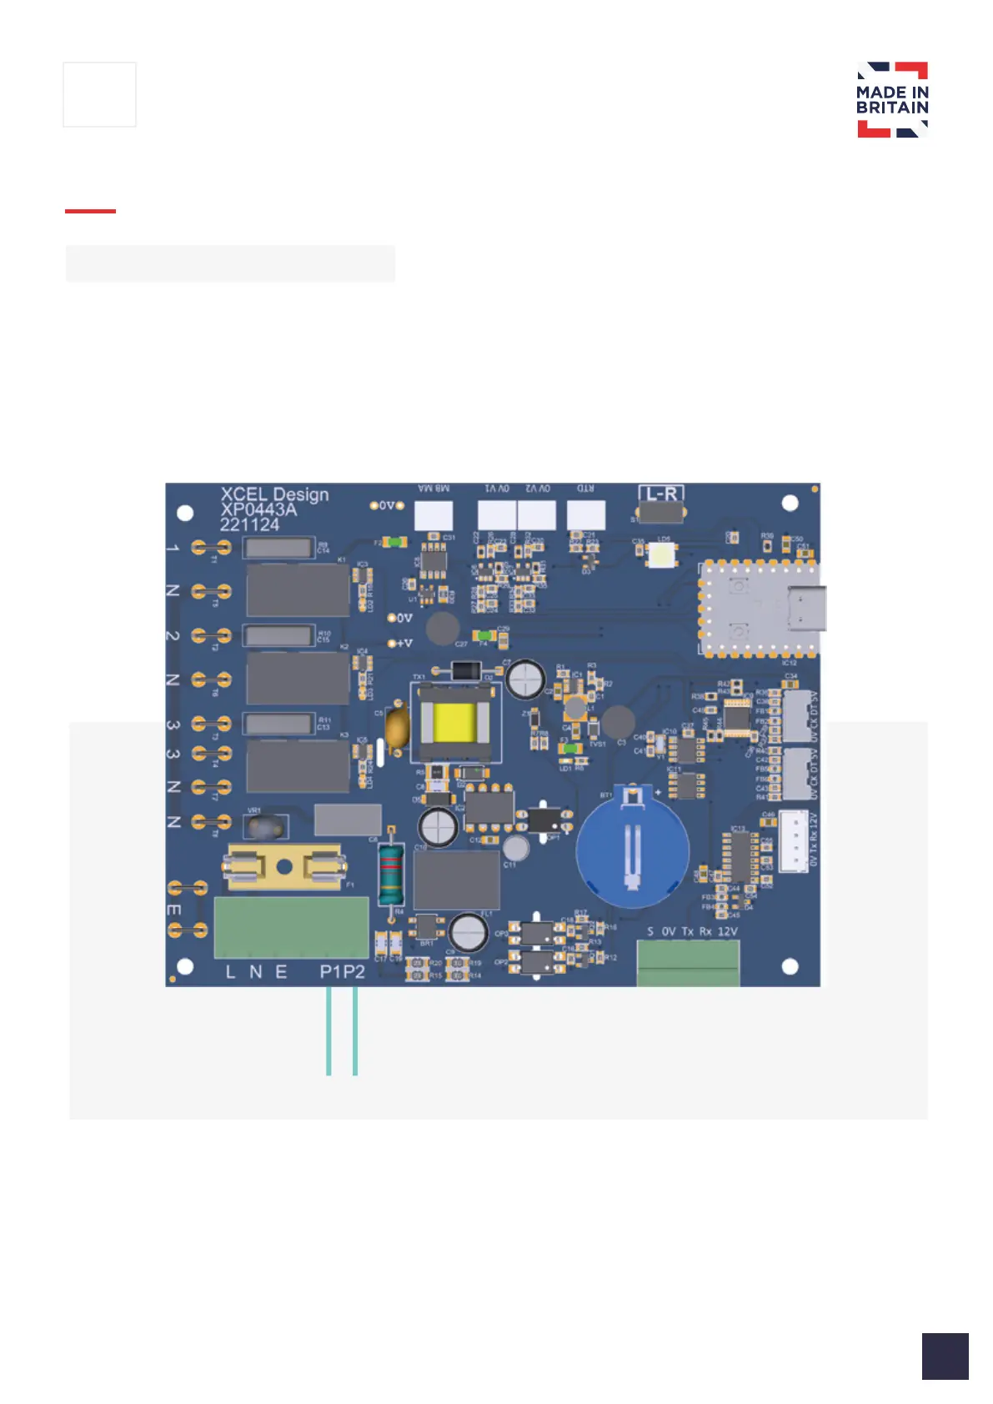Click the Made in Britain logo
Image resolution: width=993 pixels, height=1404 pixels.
click(892, 99)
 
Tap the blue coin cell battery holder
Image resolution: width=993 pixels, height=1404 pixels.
click(633, 847)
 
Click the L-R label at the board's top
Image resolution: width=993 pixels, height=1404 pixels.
click(662, 494)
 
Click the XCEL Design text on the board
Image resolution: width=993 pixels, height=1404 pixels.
click(274, 494)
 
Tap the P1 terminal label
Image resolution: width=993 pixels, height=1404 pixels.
click(331, 972)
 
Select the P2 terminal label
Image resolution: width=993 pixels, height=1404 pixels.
click(354, 972)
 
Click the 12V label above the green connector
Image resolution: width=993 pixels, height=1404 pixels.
click(727, 931)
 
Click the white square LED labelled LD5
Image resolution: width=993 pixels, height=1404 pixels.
click(664, 554)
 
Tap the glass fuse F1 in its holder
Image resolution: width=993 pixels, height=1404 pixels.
click(285, 867)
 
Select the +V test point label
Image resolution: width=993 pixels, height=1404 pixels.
click(404, 643)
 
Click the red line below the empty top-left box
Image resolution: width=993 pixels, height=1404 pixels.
click(90, 212)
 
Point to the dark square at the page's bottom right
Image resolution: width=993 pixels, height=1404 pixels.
click(945, 1356)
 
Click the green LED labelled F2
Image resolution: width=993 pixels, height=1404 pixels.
click(398, 543)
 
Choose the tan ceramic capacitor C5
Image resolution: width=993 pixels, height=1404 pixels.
click(398, 725)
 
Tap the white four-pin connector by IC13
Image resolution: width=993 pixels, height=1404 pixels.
click(793, 840)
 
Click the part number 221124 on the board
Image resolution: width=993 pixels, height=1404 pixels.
click(249, 525)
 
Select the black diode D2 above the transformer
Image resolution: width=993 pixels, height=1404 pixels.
click(466, 669)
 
